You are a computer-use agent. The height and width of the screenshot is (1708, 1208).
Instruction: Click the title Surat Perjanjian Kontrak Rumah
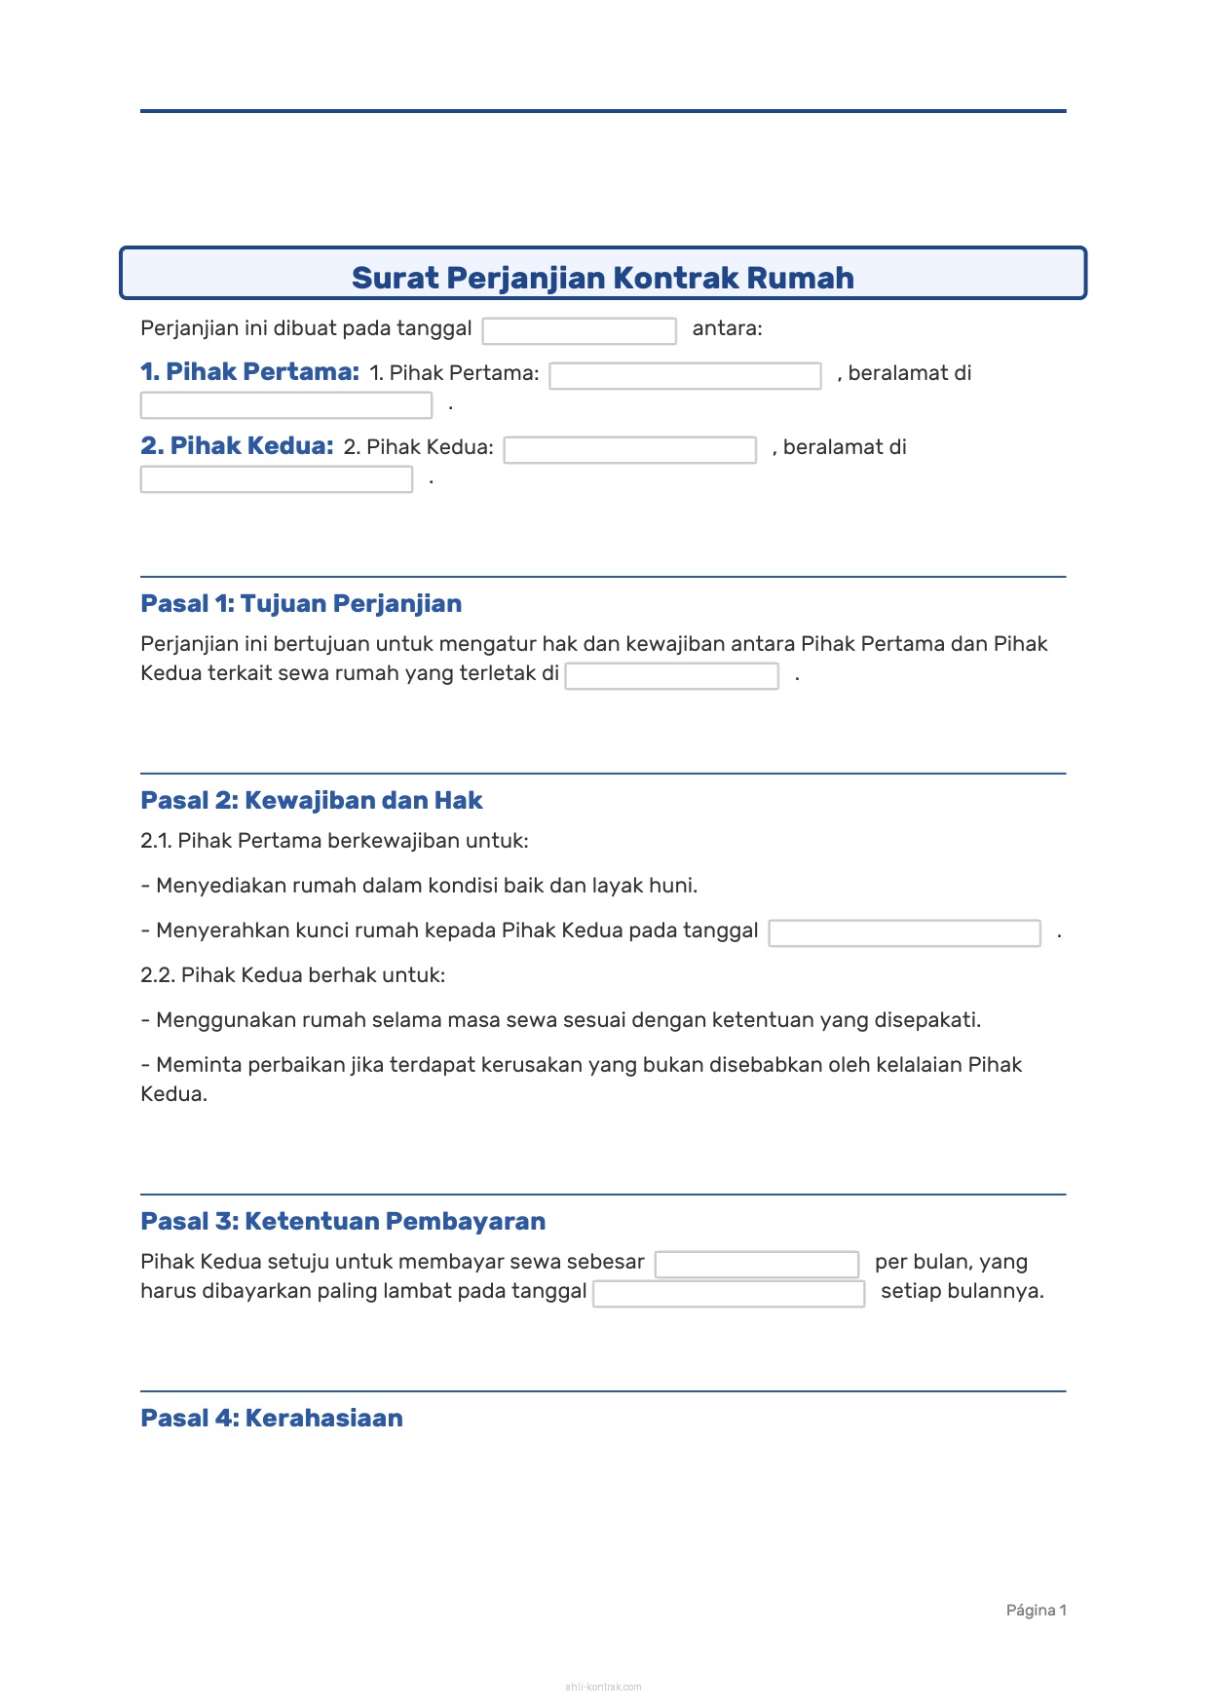602,278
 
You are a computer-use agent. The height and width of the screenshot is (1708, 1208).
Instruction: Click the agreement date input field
579,331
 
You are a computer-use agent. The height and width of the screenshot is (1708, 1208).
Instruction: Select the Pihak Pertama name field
685,376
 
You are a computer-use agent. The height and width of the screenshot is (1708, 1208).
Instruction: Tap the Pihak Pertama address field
285,405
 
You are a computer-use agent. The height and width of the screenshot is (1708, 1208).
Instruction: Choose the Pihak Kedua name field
629,450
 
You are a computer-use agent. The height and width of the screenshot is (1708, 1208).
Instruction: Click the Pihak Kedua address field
276,479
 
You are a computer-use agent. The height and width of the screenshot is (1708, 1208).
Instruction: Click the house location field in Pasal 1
671,676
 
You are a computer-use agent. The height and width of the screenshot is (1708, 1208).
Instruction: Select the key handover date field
904,933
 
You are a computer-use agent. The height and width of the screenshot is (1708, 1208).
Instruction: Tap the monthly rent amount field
756,1265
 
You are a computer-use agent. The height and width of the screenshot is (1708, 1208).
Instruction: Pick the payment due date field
729,1294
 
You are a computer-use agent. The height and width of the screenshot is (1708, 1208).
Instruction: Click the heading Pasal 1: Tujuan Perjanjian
301,604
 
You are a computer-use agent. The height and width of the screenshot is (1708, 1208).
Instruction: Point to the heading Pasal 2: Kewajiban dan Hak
312,801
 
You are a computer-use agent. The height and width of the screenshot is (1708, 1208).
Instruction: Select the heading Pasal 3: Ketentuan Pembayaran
343,1222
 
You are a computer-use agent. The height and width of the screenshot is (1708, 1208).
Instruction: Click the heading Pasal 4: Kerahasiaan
272,1419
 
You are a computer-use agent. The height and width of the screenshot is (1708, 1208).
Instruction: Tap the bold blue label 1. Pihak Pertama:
249,372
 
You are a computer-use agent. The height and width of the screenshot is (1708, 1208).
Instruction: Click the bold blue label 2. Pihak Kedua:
237,446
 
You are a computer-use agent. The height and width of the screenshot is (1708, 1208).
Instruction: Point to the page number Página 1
1036,1611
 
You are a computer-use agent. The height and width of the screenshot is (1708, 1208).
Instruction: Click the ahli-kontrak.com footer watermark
603,1687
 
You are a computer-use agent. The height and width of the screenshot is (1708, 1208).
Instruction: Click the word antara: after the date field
727,328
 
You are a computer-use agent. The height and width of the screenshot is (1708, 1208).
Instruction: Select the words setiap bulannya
962,1291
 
